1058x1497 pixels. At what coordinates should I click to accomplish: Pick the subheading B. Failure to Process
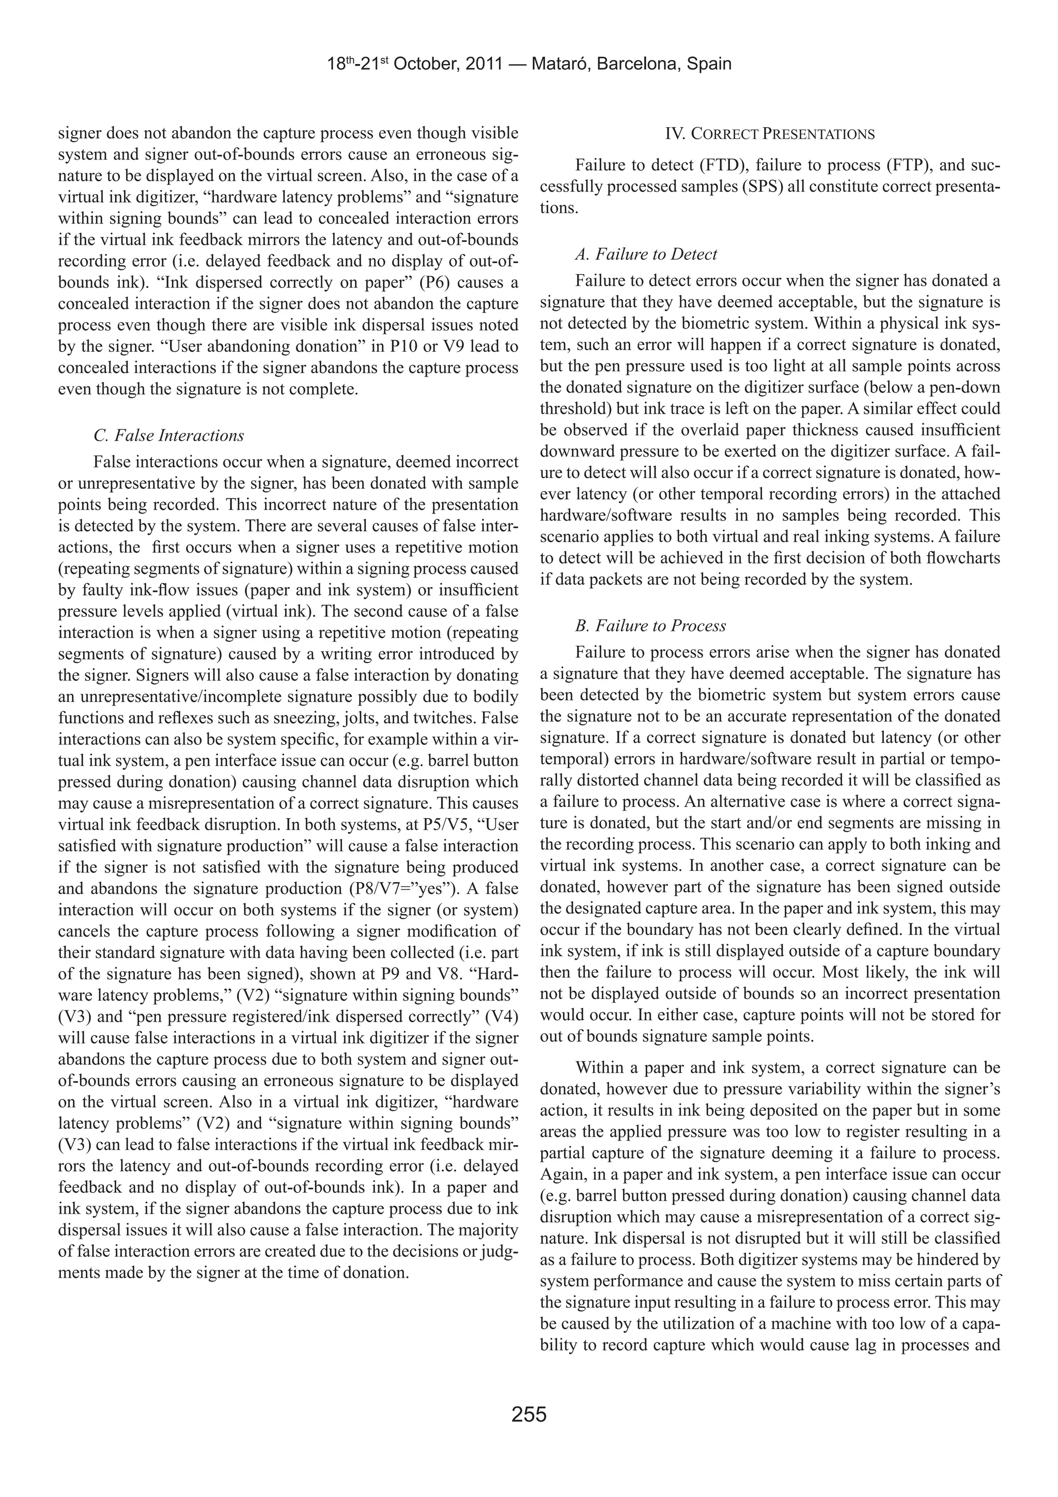pos(650,626)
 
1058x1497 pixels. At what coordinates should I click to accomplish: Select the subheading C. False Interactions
pos(169,435)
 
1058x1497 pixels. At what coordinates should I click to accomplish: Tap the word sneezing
pos(306,718)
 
